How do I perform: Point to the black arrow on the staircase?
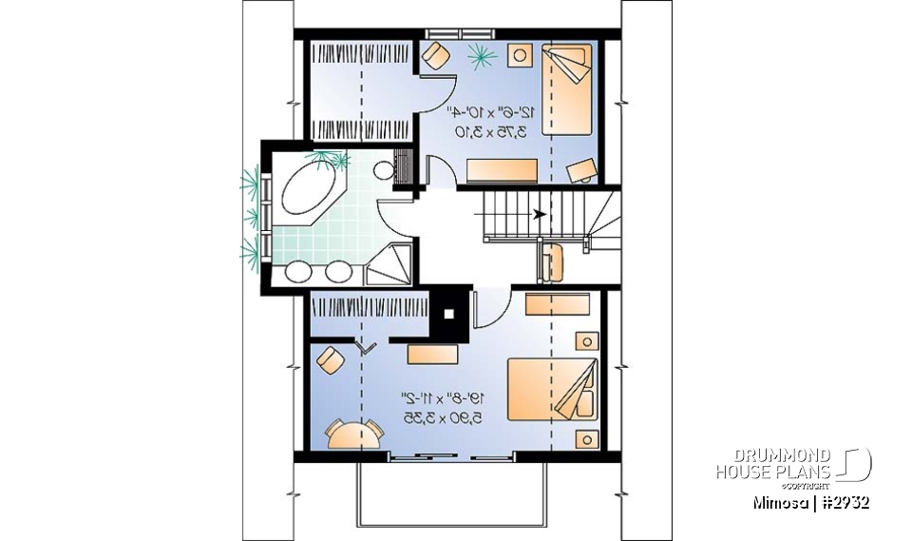pos(540,214)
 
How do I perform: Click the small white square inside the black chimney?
pos(450,312)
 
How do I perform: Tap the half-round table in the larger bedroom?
pos(354,434)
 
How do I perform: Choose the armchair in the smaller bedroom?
pos(436,55)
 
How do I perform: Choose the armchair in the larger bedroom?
pos(331,360)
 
